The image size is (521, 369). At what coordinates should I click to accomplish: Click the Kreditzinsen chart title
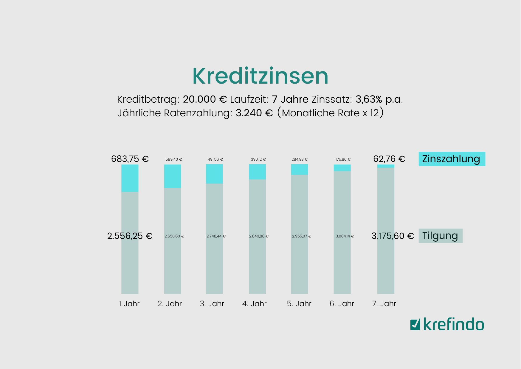coord(260,76)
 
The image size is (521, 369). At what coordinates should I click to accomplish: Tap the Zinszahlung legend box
coord(452,159)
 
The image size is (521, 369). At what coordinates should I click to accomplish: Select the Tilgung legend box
coord(440,236)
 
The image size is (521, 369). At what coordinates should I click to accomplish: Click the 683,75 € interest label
coord(130,159)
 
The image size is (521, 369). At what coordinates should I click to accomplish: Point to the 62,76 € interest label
coord(389,159)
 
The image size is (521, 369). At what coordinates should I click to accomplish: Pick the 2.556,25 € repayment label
coord(130,236)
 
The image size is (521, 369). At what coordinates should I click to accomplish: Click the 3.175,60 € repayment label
coord(393,236)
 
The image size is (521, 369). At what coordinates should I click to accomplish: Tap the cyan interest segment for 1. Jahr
coord(130,178)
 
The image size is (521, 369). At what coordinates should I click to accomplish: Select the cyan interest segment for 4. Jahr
coord(257,172)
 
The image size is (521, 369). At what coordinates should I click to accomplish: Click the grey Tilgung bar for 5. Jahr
coord(299,262)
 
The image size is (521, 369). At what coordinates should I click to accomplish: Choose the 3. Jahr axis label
coord(212,304)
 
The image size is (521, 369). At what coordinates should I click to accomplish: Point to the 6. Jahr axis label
coord(342,304)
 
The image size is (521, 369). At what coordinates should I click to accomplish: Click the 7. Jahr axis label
coord(384,304)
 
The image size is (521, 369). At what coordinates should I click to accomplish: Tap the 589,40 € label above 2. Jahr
coord(174,160)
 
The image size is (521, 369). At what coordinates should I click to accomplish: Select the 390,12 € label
coord(258,160)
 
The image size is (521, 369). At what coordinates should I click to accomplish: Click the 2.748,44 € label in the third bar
coord(216,236)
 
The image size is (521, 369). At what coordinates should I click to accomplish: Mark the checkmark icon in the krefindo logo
coord(415,324)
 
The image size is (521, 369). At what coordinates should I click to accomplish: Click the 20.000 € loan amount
coord(205,99)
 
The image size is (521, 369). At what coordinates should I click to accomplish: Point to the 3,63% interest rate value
coord(369,99)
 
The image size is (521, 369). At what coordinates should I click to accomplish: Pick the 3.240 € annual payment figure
coord(254,113)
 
